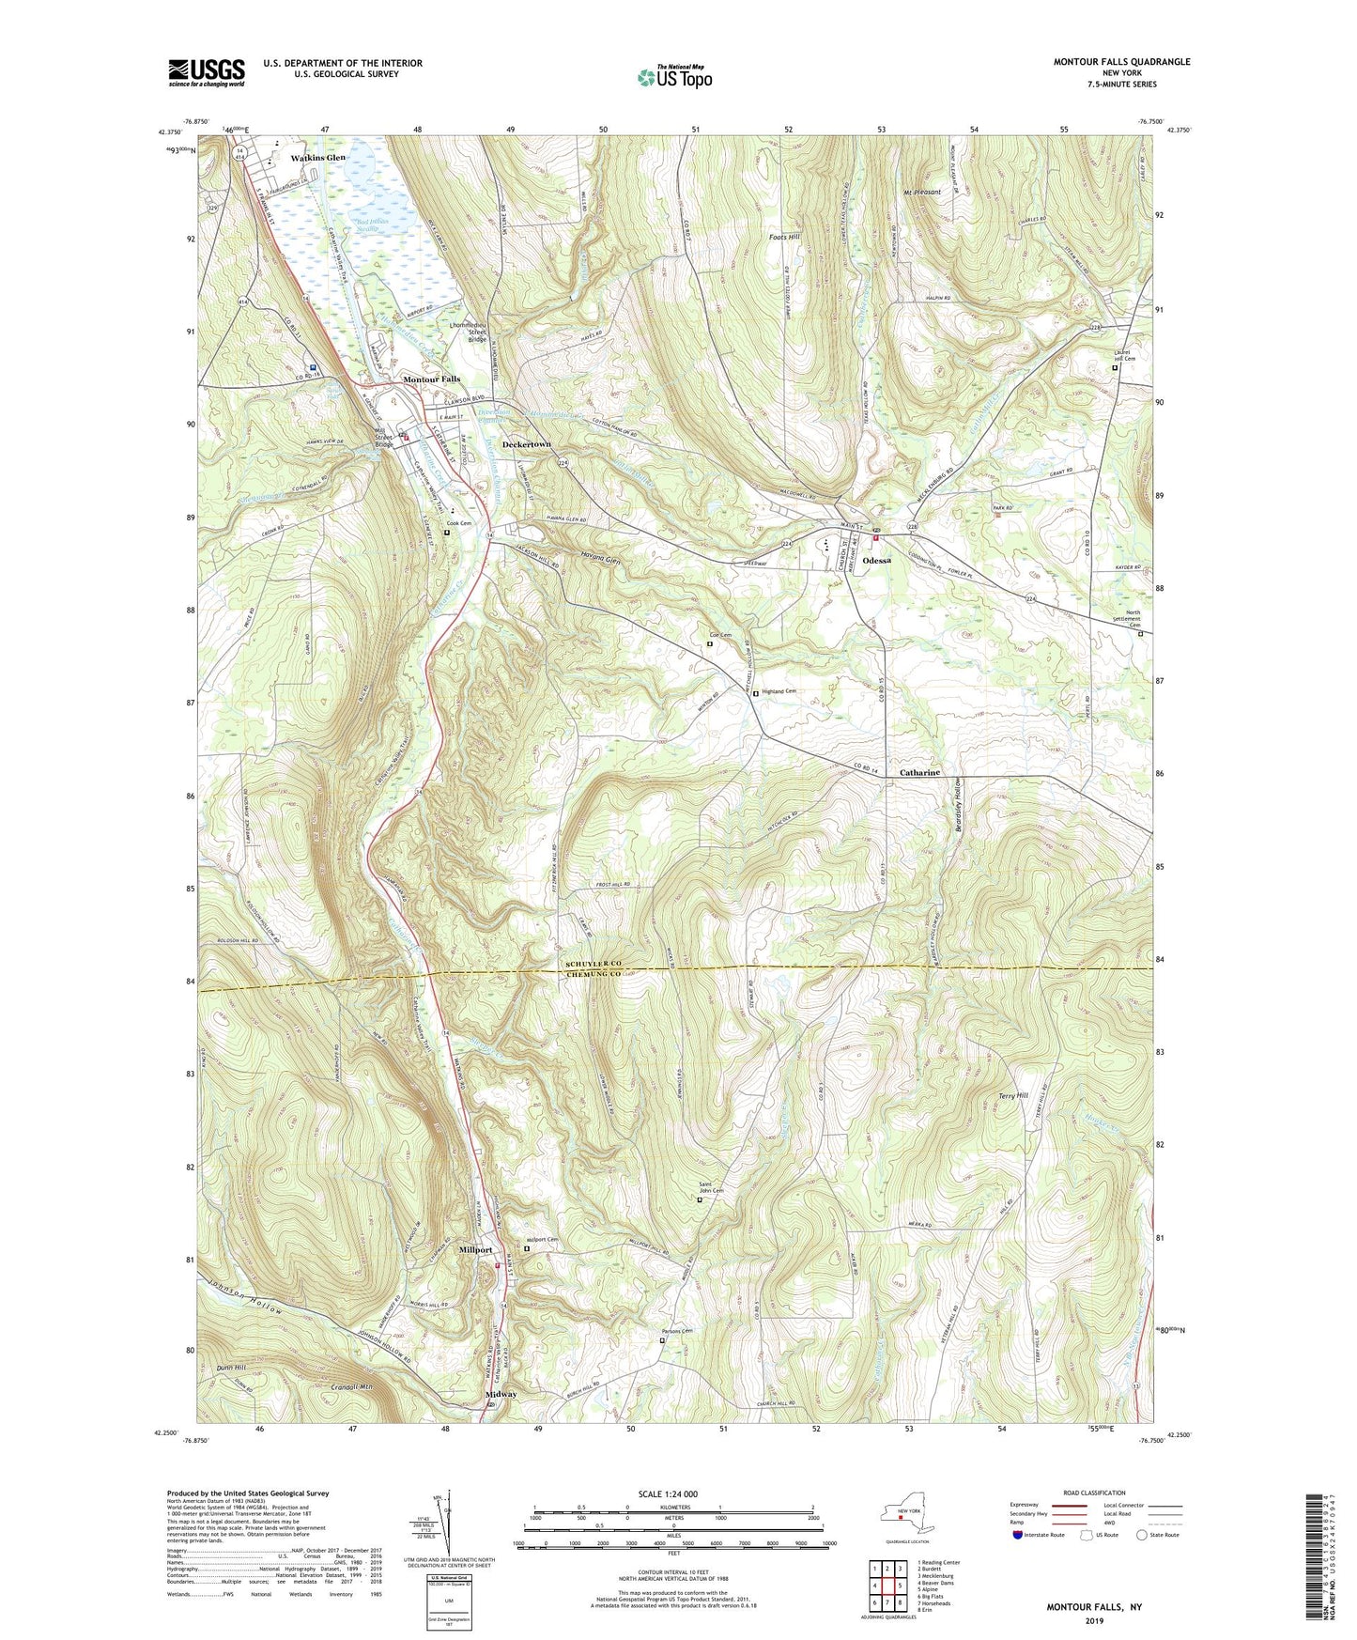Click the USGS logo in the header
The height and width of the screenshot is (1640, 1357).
(x=207, y=71)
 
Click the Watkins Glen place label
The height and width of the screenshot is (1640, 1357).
(x=318, y=158)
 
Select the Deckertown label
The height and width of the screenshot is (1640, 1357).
(x=526, y=443)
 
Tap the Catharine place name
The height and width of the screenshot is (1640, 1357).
(x=919, y=772)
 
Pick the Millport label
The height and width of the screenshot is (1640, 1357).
(x=475, y=1250)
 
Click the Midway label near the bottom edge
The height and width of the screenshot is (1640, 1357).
(x=501, y=1394)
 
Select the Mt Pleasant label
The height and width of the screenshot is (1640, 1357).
(x=919, y=192)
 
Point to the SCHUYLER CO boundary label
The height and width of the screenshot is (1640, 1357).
(x=594, y=966)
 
